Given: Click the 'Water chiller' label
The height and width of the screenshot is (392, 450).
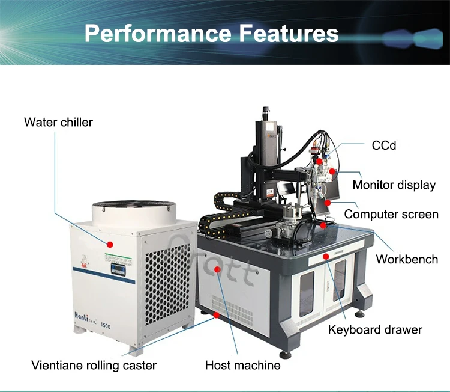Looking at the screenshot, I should click(58, 123).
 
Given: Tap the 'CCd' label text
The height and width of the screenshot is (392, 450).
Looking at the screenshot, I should click(384, 146).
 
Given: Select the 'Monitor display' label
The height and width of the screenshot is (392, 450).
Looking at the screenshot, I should click(394, 185).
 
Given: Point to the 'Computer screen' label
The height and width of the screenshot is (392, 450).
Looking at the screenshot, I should click(391, 214).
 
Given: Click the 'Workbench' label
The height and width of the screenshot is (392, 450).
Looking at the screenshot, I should click(407, 259).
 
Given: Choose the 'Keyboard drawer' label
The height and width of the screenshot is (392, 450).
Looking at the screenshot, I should click(374, 329).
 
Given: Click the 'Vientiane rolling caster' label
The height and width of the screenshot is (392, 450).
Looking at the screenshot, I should click(94, 365).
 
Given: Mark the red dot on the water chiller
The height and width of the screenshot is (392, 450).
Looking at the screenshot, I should click(110, 244).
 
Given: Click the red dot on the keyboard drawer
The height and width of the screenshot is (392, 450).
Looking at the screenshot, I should click(326, 256).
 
